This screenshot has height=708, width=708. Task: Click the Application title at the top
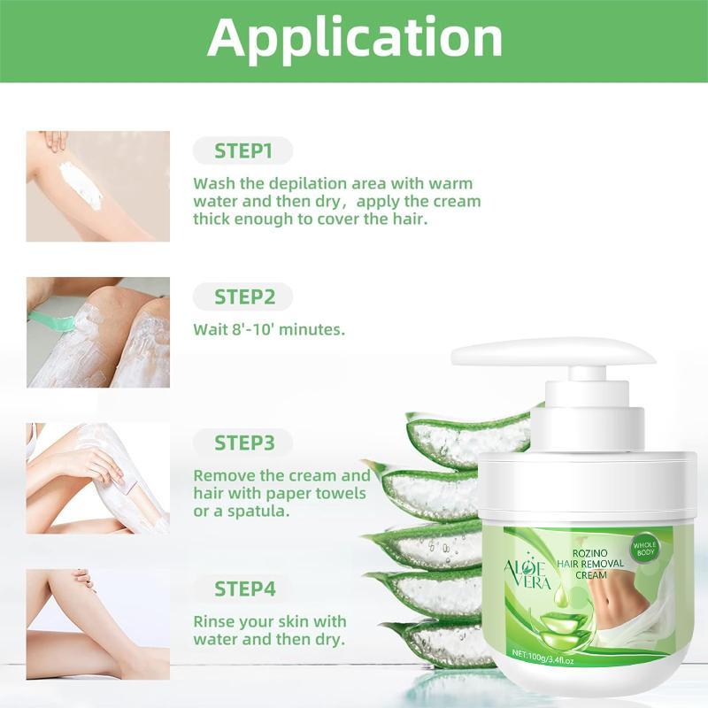[x=355, y=38]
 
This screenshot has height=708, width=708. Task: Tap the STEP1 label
[x=243, y=150]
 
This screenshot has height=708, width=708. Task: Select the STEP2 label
[x=244, y=296]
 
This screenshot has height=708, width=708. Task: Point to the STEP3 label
[x=244, y=442]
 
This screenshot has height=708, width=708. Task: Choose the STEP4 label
[x=245, y=589]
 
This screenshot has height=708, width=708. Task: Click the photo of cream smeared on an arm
[x=98, y=186]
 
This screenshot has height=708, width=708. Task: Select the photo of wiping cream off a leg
[x=98, y=478]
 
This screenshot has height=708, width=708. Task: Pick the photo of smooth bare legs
[x=98, y=624]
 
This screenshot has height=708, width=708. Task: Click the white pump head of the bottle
[x=553, y=353]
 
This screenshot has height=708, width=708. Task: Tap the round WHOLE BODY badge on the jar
[x=644, y=548]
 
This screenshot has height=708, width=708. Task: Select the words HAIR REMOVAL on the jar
[x=590, y=564]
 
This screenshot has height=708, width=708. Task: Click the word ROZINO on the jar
[x=589, y=552]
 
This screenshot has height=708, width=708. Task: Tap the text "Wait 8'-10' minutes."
[x=269, y=329]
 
